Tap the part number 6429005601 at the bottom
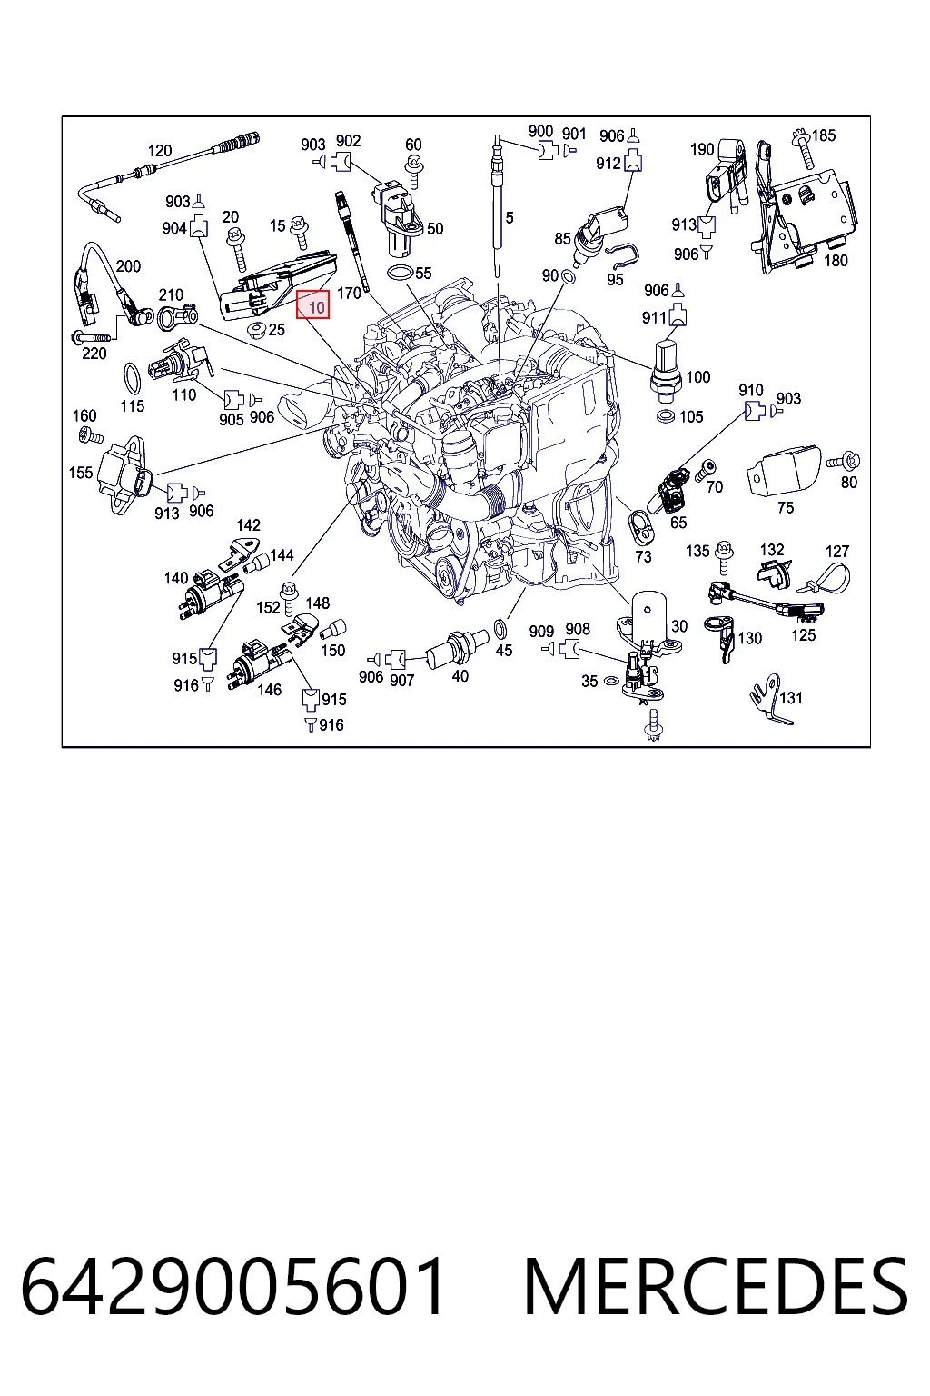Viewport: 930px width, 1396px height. (233, 1286)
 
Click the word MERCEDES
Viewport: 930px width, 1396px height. (716, 1286)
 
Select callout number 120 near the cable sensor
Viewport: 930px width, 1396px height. (160, 150)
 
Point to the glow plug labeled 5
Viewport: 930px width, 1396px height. (497, 205)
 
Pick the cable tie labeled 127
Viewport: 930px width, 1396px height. (826, 579)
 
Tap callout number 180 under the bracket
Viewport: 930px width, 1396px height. (836, 261)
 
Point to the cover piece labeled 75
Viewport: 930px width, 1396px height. (783, 471)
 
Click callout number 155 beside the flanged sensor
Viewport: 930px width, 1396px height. (80, 473)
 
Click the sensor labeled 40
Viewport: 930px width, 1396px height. (457, 647)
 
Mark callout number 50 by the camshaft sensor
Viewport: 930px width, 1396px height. (435, 229)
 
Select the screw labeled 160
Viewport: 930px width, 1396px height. (91, 436)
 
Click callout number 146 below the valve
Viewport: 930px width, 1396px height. (269, 689)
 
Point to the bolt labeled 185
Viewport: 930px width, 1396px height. (804, 150)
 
